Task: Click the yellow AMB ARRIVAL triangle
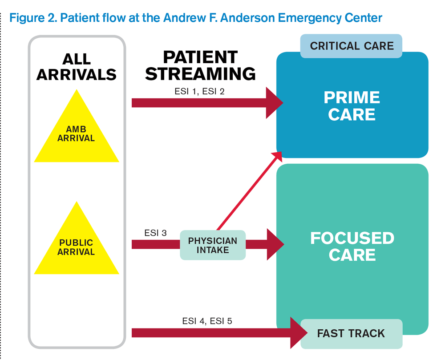pos(77,133)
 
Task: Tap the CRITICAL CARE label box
pos(352,46)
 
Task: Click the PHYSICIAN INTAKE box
pos(212,245)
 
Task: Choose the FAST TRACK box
pos(351,333)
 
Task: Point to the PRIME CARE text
pos(352,106)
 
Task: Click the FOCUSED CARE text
pos(352,247)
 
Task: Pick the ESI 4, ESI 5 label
pos(207,320)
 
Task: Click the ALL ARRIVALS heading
pos(77,67)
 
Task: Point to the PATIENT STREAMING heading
pos(200,65)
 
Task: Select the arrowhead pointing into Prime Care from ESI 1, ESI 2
pos(274,103)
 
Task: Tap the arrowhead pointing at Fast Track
pos(299,333)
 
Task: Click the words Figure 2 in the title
pos(32,18)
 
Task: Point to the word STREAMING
pos(200,73)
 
